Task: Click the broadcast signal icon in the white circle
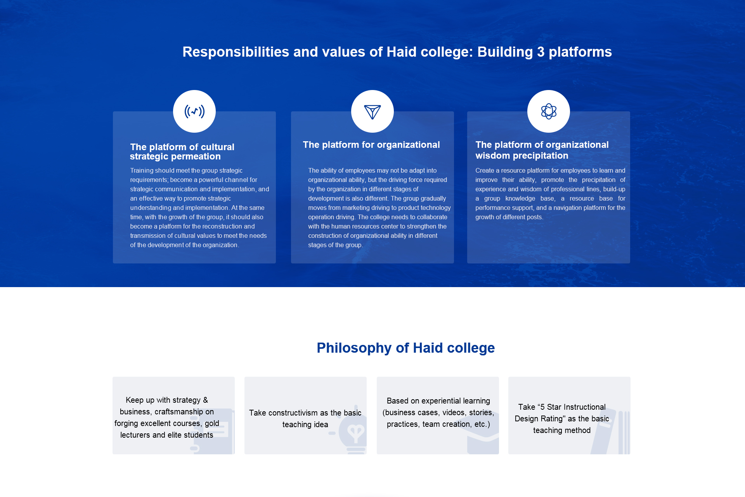coord(194,111)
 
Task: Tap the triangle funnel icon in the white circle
coord(372,112)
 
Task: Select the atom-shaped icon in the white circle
coord(549,111)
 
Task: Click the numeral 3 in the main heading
coord(541,52)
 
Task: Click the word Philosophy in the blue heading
coord(354,348)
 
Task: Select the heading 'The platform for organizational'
coord(371,145)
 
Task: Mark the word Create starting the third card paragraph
coord(485,170)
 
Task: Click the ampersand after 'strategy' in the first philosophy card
coord(205,400)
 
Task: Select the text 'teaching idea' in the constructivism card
coord(305,424)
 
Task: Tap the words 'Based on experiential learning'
coord(438,401)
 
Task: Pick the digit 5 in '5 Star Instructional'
coord(542,407)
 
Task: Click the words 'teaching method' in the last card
coord(562,430)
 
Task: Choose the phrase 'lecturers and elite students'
coord(167,435)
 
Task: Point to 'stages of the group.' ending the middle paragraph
coord(336,245)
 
